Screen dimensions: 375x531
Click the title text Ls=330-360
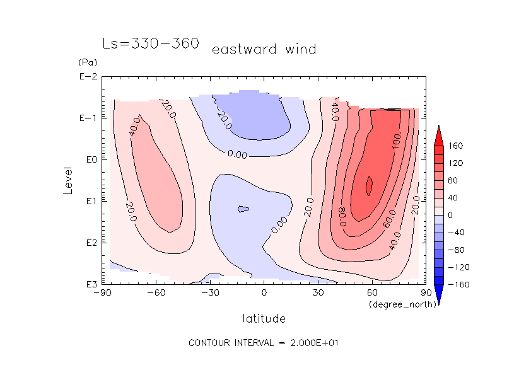click(151, 44)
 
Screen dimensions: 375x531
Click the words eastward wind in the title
click(264, 49)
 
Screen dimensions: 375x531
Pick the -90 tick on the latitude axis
click(102, 292)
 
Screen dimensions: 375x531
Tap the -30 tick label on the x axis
click(210, 292)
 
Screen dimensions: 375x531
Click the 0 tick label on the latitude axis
click(264, 292)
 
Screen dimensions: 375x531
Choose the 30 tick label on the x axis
click(318, 292)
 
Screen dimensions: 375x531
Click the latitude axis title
click(264, 318)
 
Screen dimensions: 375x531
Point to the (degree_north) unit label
click(395, 304)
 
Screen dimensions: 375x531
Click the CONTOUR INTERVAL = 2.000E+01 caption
click(264, 343)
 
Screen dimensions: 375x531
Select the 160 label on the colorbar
click(455, 146)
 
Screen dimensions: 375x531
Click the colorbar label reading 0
click(451, 216)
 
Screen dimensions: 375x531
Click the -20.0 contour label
click(224, 117)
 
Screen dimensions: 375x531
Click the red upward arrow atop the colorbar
click(440, 134)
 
